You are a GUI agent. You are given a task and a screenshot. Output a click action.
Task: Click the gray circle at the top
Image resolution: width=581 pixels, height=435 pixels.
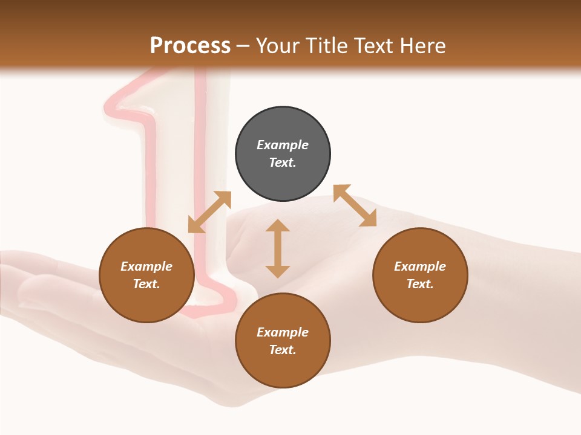click(283, 154)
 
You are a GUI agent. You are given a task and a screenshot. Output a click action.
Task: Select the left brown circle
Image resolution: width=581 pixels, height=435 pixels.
click(146, 275)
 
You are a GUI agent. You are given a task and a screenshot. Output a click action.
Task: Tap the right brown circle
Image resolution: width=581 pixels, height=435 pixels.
click(420, 275)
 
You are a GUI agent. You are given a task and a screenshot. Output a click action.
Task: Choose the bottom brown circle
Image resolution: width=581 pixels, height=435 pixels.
click(283, 341)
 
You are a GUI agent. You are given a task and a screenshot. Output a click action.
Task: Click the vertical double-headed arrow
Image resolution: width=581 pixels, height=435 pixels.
click(278, 248)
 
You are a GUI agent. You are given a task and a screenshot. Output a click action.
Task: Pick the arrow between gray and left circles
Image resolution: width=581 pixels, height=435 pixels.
click(209, 212)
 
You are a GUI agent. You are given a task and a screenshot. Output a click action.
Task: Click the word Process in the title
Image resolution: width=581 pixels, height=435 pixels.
click(190, 45)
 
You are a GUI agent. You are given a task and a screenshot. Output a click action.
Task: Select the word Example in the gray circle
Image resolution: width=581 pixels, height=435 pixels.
click(283, 145)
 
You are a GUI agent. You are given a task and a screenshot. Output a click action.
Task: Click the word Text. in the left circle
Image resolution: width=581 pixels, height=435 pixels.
click(146, 284)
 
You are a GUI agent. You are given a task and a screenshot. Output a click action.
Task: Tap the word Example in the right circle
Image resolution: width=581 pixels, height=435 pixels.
click(420, 266)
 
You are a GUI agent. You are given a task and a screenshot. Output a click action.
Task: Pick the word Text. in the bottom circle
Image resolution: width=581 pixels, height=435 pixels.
click(283, 350)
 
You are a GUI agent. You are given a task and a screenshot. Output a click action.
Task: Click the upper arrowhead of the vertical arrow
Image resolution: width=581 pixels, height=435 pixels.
click(278, 227)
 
